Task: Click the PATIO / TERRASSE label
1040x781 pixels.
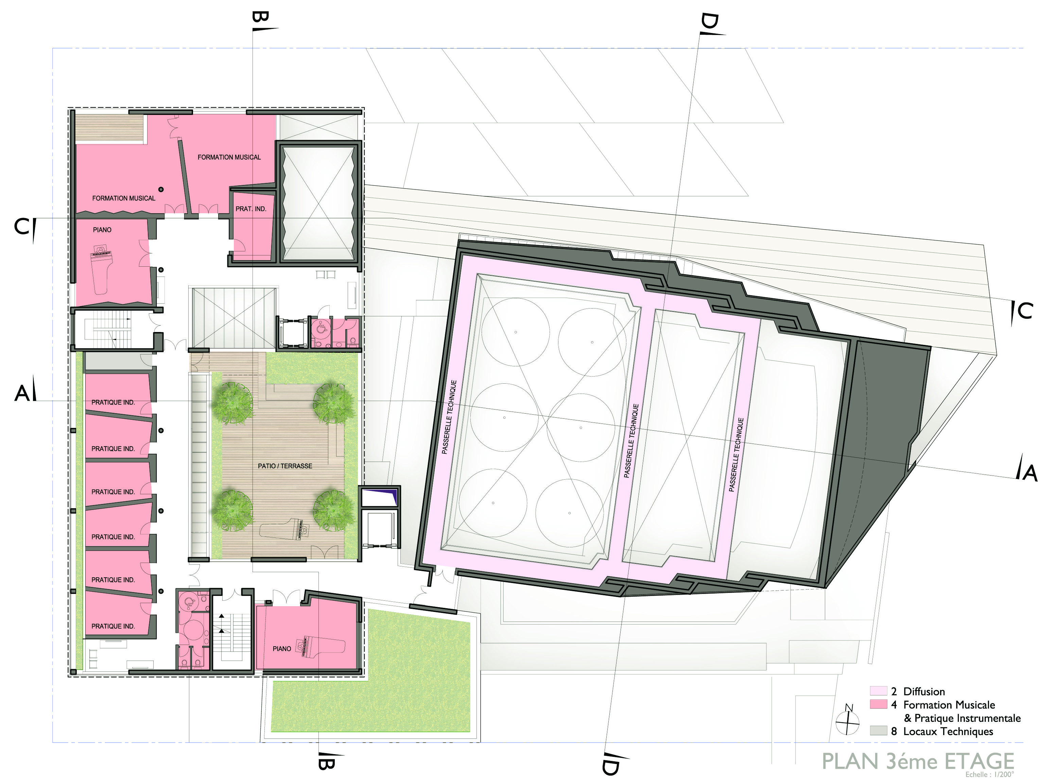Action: (285, 466)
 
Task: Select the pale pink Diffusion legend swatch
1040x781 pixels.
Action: (878, 691)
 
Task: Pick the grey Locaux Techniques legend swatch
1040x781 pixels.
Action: (878, 731)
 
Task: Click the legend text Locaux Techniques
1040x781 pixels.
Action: (948, 731)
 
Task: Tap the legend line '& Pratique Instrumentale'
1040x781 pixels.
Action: (963, 718)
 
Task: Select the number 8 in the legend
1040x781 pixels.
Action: (894, 731)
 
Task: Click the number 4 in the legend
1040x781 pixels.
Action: (894, 704)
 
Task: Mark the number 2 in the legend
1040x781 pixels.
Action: (894, 691)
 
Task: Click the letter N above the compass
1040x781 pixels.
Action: (849, 707)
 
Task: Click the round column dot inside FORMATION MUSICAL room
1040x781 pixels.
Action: (161, 189)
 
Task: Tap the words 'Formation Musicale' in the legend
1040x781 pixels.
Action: (949, 704)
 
